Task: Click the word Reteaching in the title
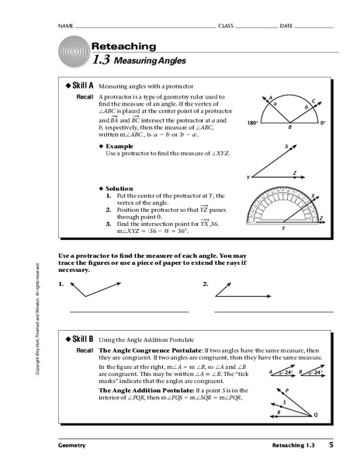(123, 47)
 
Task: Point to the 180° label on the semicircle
(252, 123)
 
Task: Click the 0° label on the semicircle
(323, 123)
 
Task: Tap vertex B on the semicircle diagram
(289, 127)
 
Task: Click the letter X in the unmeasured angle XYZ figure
(286, 146)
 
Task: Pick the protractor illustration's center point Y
(283, 228)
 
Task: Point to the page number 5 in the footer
(331, 445)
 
